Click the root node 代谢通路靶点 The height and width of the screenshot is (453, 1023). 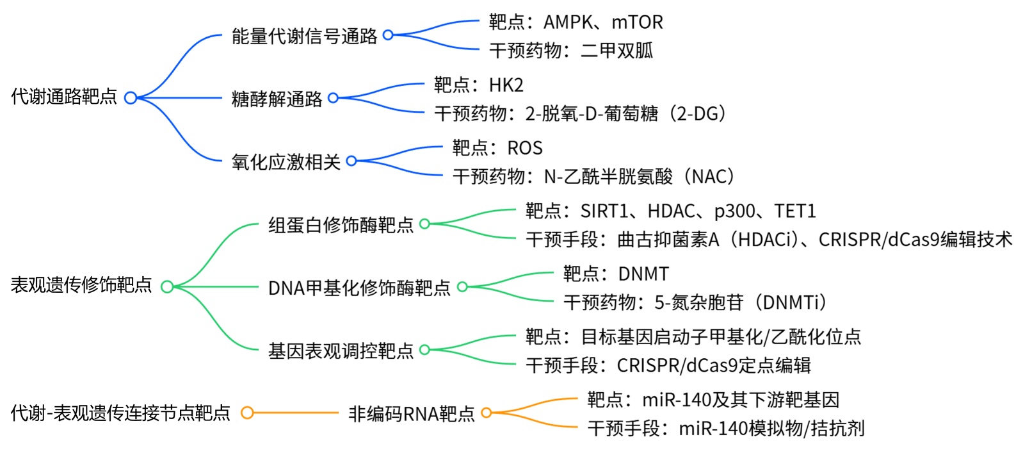pos(64,97)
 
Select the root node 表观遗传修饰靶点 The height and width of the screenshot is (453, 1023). pos(81,286)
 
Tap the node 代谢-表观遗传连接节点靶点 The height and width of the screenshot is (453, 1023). pos(120,413)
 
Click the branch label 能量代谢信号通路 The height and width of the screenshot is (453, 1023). pos(304,36)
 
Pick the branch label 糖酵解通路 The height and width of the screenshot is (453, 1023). pos(277,99)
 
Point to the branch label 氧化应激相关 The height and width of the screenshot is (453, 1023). pos(286,161)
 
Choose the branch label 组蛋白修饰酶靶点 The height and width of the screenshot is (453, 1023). pos(341,225)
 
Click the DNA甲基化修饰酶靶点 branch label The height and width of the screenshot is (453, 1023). pos(359,288)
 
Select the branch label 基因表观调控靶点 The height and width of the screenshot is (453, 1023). pos(341,350)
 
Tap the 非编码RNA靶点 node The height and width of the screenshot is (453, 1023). pos(411,414)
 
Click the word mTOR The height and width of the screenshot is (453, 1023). pos(637,22)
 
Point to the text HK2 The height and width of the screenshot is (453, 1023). pos(506,85)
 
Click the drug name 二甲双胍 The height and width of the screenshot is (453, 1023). pos(616,51)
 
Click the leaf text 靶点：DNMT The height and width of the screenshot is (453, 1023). pos(615,274)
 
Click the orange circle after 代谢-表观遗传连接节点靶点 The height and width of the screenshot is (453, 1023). pos(247,413)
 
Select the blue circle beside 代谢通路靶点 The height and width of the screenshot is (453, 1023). pos(131,98)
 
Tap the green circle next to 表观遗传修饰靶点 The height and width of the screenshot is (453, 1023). pos(167,286)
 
